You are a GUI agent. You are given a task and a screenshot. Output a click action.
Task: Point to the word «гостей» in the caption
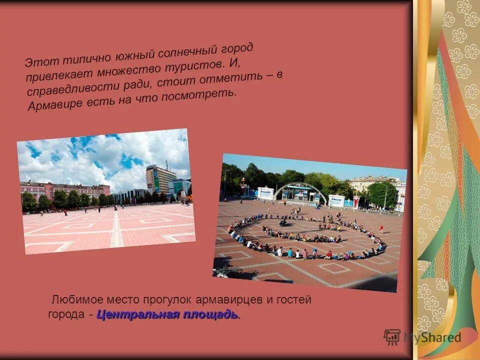294,300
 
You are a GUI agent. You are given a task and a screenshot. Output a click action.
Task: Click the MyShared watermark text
432,337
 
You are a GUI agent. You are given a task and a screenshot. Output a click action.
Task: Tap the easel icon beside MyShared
392,337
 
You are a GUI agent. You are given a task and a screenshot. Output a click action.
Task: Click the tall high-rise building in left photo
159,179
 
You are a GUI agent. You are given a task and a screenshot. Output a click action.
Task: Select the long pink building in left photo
65,190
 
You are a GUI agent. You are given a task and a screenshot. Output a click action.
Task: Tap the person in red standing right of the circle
381,228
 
